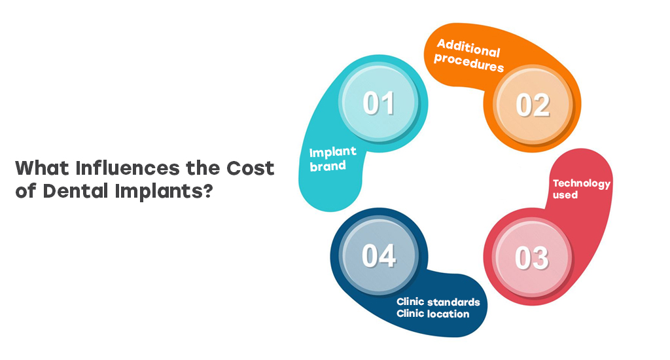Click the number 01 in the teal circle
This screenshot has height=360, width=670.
click(x=379, y=103)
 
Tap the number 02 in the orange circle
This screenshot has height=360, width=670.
click(x=533, y=105)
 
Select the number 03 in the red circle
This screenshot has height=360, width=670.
click(x=531, y=258)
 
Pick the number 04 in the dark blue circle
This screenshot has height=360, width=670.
click(x=379, y=256)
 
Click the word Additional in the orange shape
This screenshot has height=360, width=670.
click(x=468, y=48)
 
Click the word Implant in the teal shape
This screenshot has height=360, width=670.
click(x=332, y=153)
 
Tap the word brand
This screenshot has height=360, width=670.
click(x=328, y=166)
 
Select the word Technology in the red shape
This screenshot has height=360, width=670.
click(x=582, y=183)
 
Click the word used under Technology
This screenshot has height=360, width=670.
click(x=565, y=195)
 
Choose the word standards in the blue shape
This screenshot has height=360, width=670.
click(x=453, y=302)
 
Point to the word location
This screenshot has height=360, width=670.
click(x=448, y=314)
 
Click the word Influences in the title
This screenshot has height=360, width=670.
click(x=128, y=168)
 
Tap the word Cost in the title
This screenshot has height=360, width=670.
click(x=250, y=168)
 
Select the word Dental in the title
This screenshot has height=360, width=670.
click(x=75, y=190)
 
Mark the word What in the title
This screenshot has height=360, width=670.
click(x=42, y=168)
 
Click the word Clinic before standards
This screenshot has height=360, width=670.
click(x=410, y=302)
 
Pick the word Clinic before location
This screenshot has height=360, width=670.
click(x=410, y=314)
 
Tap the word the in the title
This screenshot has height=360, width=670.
click(x=203, y=168)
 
